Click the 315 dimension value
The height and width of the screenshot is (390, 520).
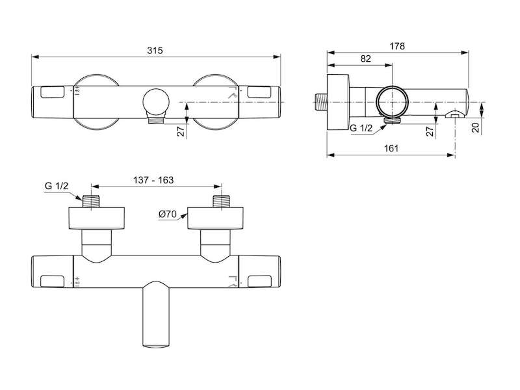click(x=155, y=51)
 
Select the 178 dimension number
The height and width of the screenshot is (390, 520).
click(x=397, y=46)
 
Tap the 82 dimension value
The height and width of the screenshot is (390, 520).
click(x=365, y=58)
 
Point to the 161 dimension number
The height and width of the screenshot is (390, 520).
click(x=391, y=148)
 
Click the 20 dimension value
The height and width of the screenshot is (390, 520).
click(x=476, y=127)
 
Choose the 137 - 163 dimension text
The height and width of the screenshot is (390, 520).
click(x=153, y=180)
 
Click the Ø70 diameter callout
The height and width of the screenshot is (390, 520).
click(x=168, y=214)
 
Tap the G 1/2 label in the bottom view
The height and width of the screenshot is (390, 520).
click(x=57, y=186)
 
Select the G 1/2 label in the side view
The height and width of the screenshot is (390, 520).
click(x=361, y=128)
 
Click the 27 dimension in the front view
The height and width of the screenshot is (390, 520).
click(x=181, y=131)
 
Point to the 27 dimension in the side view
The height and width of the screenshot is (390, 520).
click(x=430, y=131)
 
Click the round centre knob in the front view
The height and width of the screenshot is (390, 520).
click(x=156, y=102)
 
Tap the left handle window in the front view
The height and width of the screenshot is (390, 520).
click(x=53, y=92)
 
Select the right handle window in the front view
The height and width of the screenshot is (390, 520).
click(x=259, y=92)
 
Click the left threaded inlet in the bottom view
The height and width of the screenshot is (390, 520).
click(x=92, y=201)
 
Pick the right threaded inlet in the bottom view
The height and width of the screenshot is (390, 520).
click(x=222, y=201)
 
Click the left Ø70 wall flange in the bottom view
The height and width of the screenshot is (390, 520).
click(x=97, y=218)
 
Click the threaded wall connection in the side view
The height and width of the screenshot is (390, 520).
click(x=320, y=102)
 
